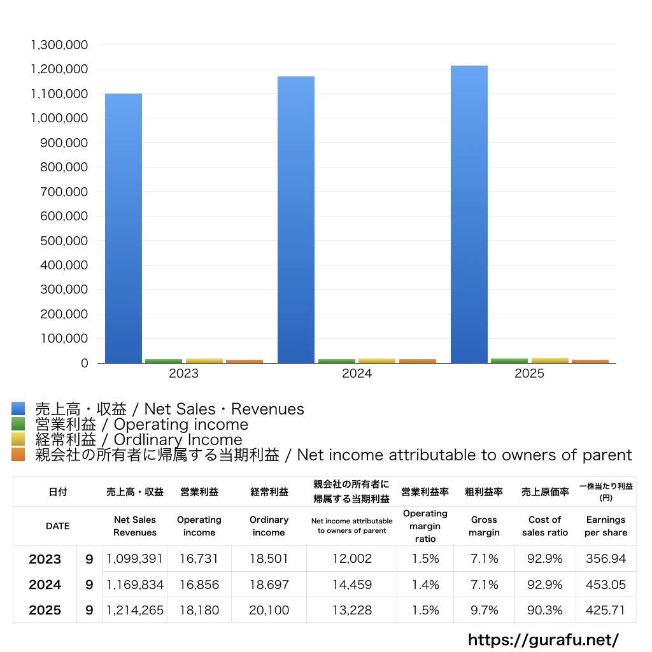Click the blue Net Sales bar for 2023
pyautogui.click(x=124, y=229)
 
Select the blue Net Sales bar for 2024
pyautogui.click(x=296, y=220)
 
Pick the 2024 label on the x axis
pyautogui.click(x=357, y=374)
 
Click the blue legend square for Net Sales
pyautogui.click(x=18, y=409)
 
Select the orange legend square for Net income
pyautogui.click(x=18, y=455)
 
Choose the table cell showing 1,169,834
pyautogui.click(x=135, y=585)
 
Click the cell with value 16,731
pyautogui.click(x=199, y=559)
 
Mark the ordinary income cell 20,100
pyautogui.click(x=269, y=610)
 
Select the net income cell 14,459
pyautogui.click(x=351, y=585)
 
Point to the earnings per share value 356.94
pyautogui.click(x=606, y=559)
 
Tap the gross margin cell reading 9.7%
pyautogui.click(x=484, y=610)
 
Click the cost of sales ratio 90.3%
pyautogui.click(x=545, y=610)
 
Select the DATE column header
pyautogui.click(x=57, y=526)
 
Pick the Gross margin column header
pyautogui.click(x=484, y=526)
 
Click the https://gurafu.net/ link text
pyautogui.click(x=543, y=639)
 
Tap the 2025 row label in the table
pyautogui.click(x=45, y=610)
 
